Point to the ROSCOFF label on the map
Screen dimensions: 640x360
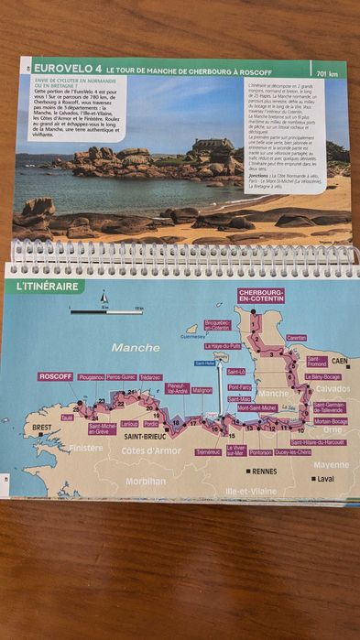tap(55, 376)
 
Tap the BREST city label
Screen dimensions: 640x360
tap(42, 428)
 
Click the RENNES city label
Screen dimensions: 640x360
tap(265, 472)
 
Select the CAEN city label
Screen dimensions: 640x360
tap(340, 361)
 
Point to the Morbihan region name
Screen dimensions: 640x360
tap(146, 481)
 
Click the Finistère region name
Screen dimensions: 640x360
tap(86, 449)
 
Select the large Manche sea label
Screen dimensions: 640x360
tap(135, 348)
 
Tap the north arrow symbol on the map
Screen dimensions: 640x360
tap(104, 298)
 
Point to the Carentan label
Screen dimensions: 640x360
tap(296, 338)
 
